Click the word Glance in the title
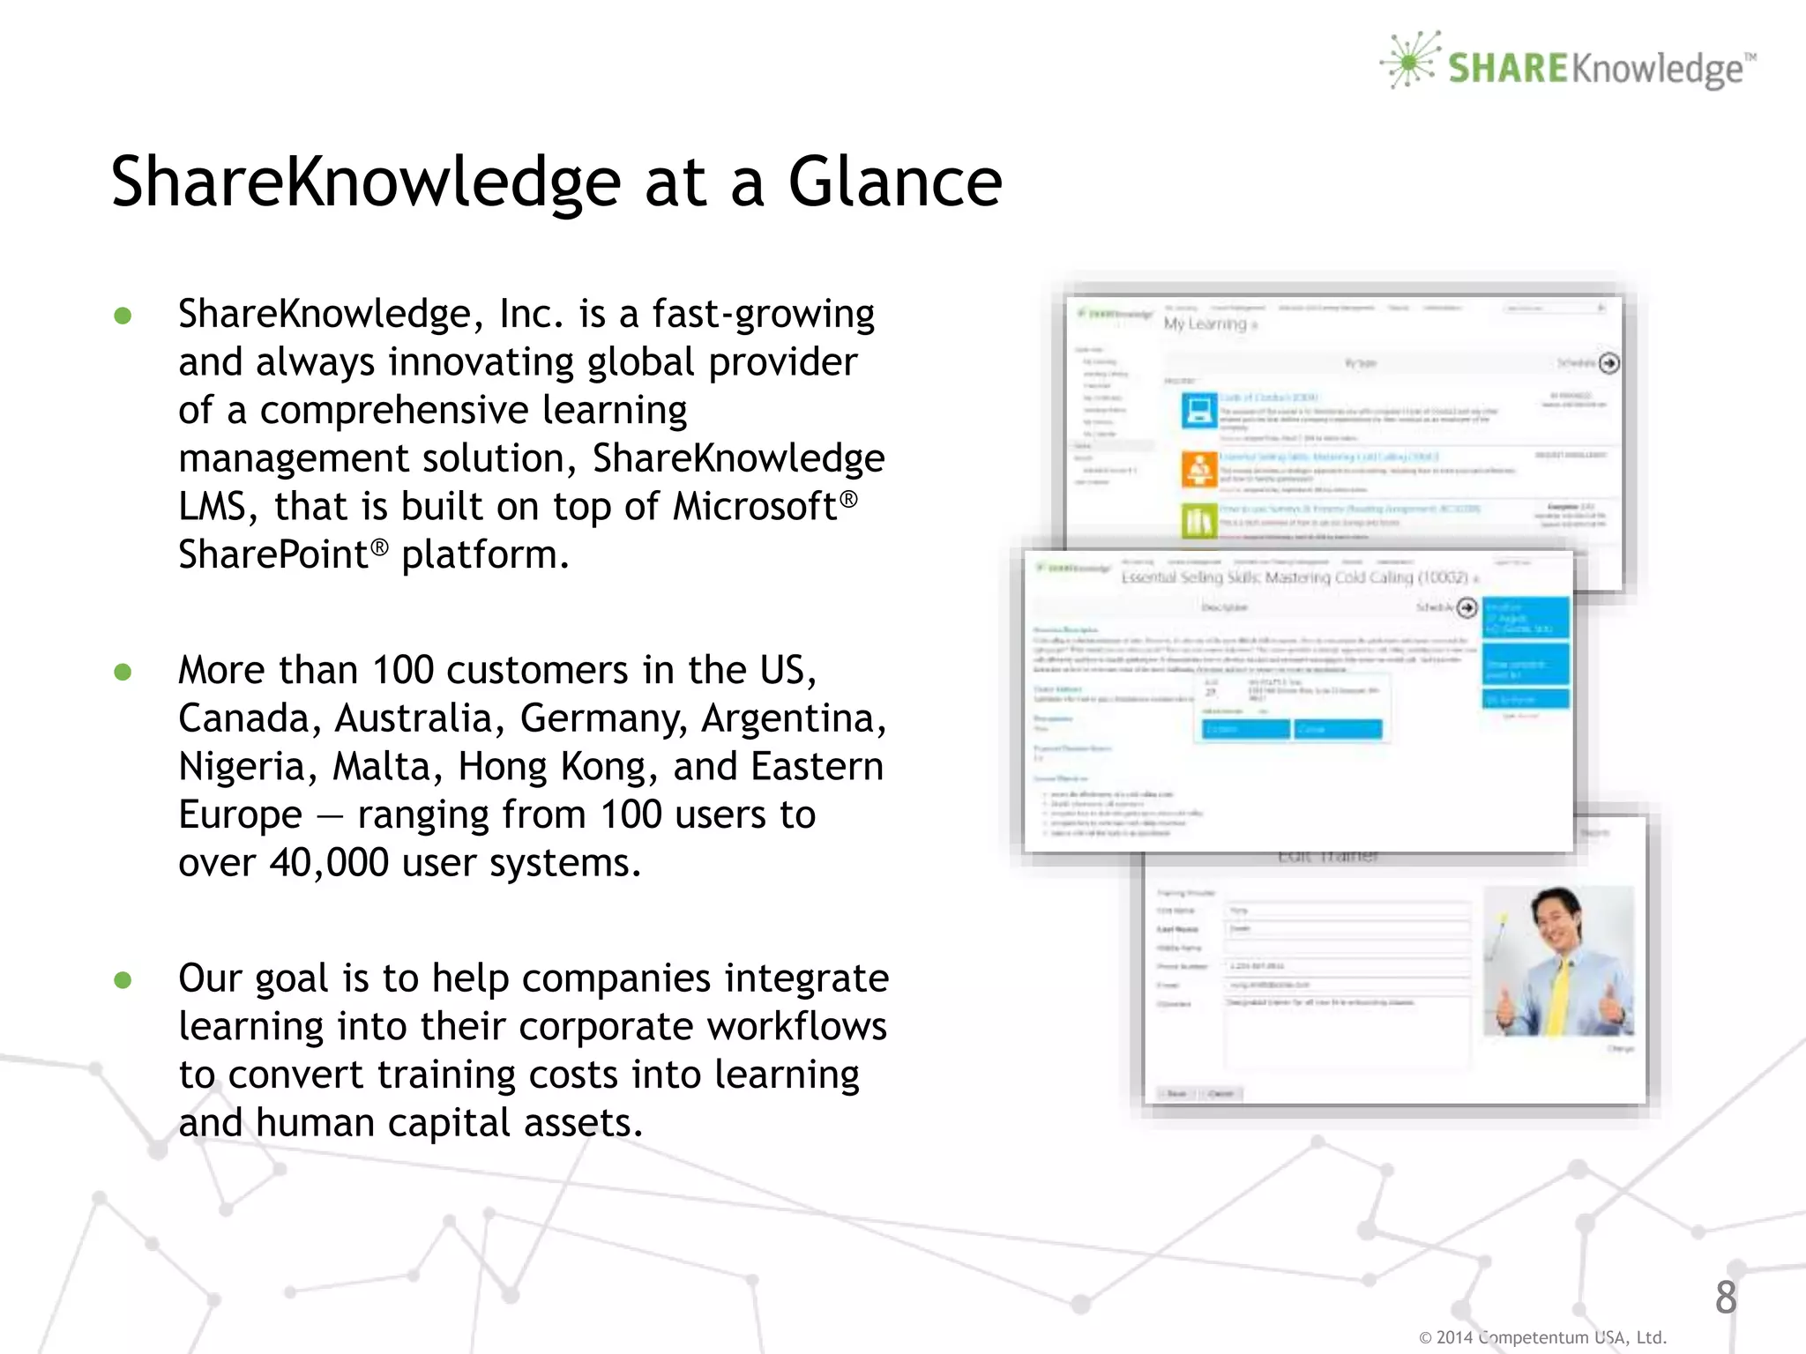pyautogui.click(x=894, y=182)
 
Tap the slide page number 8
pyautogui.click(x=1726, y=1298)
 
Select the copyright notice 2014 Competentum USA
pyautogui.click(x=1542, y=1337)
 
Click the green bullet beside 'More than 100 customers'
pyautogui.click(x=123, y=673)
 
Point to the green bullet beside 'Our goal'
pyautogui.click(x=123, y=980)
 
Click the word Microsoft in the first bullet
pyautogui.click(x=755, y=507)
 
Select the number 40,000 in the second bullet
pyautogui.click(x=329, y=863)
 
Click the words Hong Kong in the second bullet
pyautogui.click(x=557, y=767)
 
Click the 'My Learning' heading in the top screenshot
pyautogui.click(x=1205, y=324)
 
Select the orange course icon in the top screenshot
pyautogui.click(x=1198, y=469)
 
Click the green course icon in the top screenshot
pyautogui.click(x=1198, y=520)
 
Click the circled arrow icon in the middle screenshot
pyautogui.click(x=1466, y=607)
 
